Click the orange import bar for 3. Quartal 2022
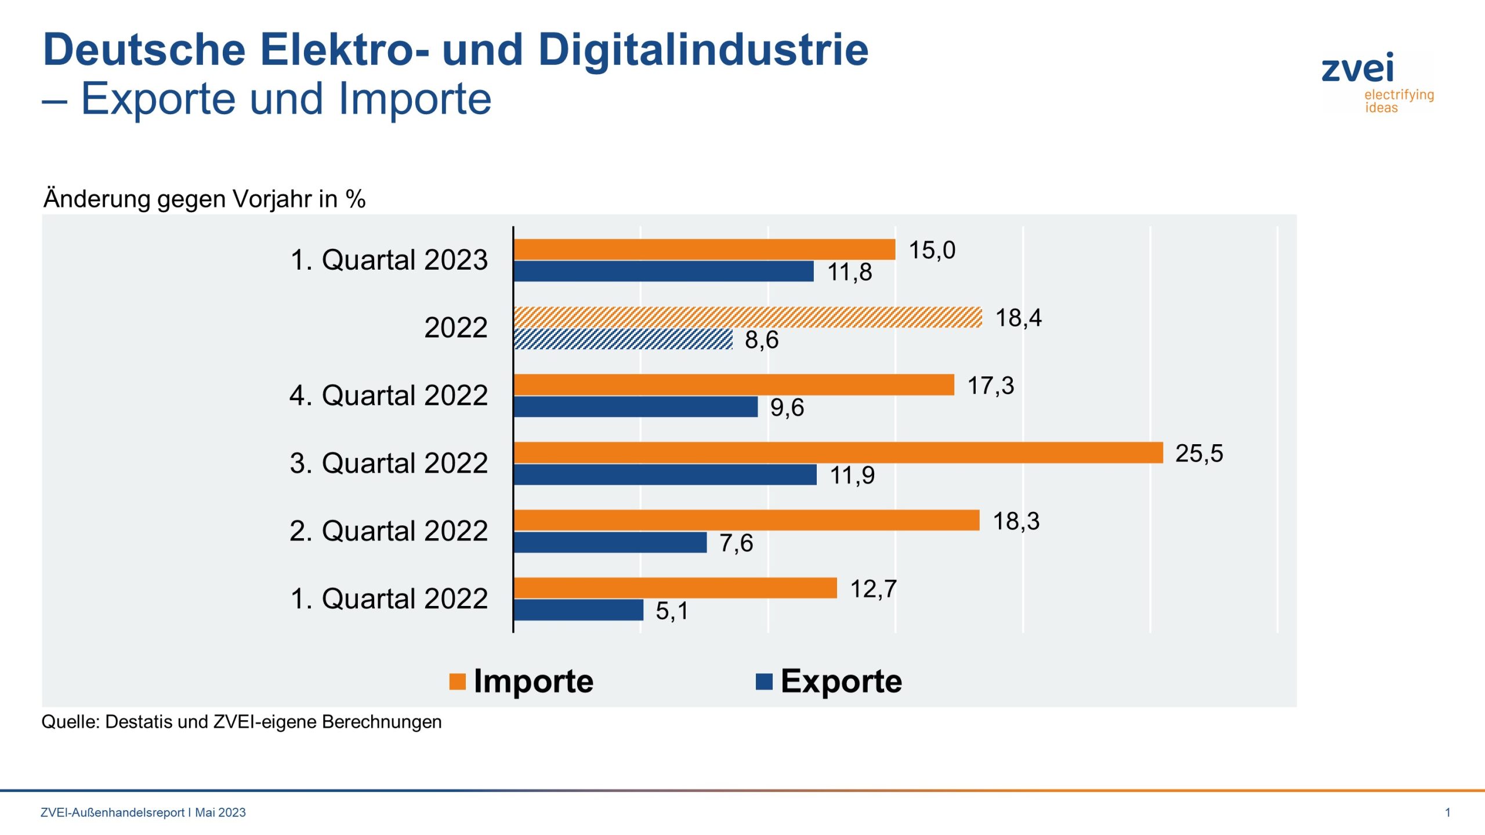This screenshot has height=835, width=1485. tap(838, 452)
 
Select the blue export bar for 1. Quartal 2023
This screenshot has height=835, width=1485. tap(664, 271)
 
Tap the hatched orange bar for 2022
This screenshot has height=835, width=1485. tap(748, 317)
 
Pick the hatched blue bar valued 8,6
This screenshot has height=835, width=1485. tap(623, 339)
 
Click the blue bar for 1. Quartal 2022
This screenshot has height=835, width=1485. tap(578, 609)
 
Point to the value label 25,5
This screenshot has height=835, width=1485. tap(1198, 453)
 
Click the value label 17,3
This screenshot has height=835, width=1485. tap(990, 386)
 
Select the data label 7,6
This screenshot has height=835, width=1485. tap(736, 543)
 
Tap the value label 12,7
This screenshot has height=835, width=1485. tap(873, 589)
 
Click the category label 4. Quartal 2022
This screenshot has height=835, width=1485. tap(389, 395)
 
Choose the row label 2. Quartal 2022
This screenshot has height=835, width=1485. tap(389, 531)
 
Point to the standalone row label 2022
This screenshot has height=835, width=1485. tap(455, 328)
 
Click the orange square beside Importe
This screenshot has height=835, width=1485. tap(457, 681)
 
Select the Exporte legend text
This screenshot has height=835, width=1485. tap(841, 681)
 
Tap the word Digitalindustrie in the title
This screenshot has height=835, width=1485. tap(703, 50)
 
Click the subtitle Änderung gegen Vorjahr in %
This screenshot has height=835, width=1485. tap(204, 199)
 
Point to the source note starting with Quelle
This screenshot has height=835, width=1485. tap(241, 722)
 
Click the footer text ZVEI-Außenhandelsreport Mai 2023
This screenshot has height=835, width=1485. tap(143, 812)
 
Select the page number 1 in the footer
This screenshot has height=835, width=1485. tap(1447, 812)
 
